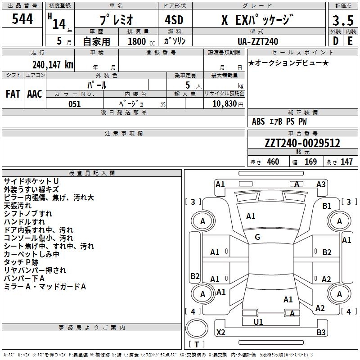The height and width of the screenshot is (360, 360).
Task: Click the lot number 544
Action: click(x=22, y=19)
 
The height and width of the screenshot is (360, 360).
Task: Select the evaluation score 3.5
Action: click(x=342, y=20)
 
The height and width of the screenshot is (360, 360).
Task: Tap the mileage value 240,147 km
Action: click(x=53, y=64)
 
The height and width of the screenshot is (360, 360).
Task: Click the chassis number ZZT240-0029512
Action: click(x=302, y=143)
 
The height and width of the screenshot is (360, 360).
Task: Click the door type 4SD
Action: click(x=174, y=20)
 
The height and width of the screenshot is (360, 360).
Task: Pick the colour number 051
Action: click(x=75, y=104)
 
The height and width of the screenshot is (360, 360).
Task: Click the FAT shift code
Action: click(x=13, y=94)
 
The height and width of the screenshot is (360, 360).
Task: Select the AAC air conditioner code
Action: click(x=34, y=94)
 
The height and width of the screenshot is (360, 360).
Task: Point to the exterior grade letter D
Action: click(x=335, y=41)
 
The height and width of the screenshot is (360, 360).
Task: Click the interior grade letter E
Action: click(x=350, y=41)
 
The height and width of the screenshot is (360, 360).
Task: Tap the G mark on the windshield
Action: click(x=257, y=237)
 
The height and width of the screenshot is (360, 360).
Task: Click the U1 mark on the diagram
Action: click(x=258, y=322)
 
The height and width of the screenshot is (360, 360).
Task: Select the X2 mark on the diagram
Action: click(x=221, y=333)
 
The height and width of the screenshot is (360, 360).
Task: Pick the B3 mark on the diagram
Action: click(x=321, y=333)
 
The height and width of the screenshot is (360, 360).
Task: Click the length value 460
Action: click(x=273, y=162)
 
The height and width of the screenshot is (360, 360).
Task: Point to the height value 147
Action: click(x=346, y=162)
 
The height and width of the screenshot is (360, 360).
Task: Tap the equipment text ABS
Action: click(x=258, y=121)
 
